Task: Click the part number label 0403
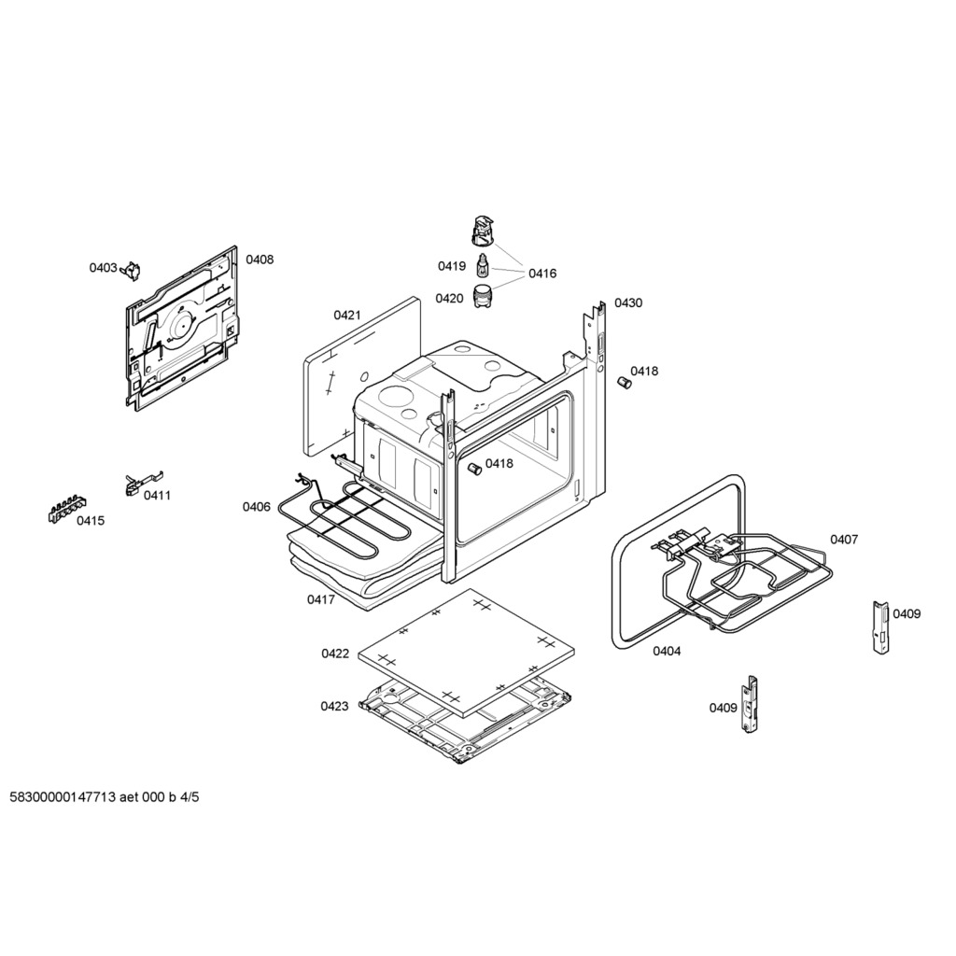tap(103, 268)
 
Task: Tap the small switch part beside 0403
tap(131, 271)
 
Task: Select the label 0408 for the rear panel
tap(260, 260)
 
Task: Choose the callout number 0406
tap(256, 507)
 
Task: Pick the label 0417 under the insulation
tap(321, 600)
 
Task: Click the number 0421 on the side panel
tap(347, 316)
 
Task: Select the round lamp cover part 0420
tap(483, 296)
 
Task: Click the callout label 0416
tap(542, 274)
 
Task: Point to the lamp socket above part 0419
tap(483, 231)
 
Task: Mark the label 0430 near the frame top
tap(628, 303)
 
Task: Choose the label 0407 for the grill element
tap(844, 540)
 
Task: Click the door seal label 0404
tap(667, 651)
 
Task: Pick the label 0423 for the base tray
tap(335, 707)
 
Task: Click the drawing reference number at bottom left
tap(105, 797)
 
